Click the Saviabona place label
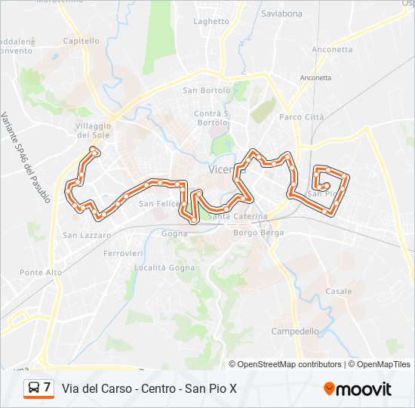pyautogui.click(x=281, y=14)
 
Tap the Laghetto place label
pyautogui.click(x=211, y=22)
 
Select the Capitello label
pyautogui.click(x=81, y=41)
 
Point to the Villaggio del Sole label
pyautogui.click(x=94, y=130)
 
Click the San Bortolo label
pyautogui.click(x=206, y=91)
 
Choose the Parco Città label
pyautogui.click(x=301, y=117)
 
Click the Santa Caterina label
pyautogui.click(x=238, y=216)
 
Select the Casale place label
pyautogui.click(x=339, y=291)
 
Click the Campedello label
pyautogui.click(x=295, y=331)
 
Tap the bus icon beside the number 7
pyautogui.click(x=34, y=388)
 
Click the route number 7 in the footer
pyautogui.click(x=48, y=388)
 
